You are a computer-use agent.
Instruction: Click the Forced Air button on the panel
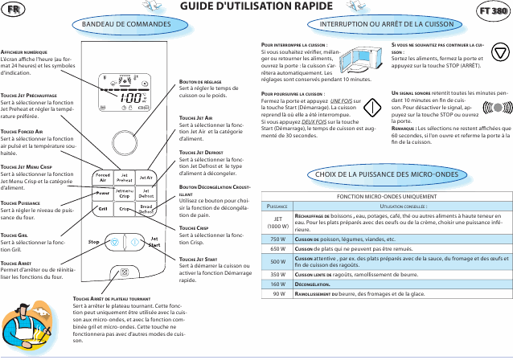(x=104, y=176)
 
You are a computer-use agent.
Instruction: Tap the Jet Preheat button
(x=125, y=176)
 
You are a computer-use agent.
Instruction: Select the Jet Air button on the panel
(x=147, y=176)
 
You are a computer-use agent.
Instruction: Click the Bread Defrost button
(x=147, y=209)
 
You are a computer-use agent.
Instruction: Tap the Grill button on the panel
(x=104, y=209)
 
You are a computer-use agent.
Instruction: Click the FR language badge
(x=14, y=10)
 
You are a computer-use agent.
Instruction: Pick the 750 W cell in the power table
(x=278, y=238)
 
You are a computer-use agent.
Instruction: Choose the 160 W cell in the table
(x=278, y=284)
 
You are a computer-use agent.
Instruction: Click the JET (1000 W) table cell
(x=278, y=221)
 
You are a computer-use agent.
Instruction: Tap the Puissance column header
(x=278, y=207)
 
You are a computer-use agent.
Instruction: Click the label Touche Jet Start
(x=198, y=259)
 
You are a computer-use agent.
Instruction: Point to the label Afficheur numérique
(x=27, y=51)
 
